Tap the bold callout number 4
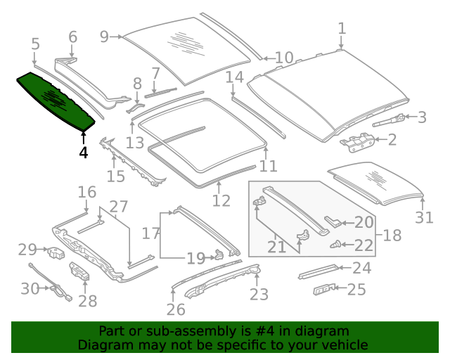click(x=84, y=152)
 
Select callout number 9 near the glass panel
click(x=105, y=37)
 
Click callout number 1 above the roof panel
click(x=342, y=29)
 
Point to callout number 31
click(x=424, y=217)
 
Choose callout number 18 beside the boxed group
click(x=392, y=235)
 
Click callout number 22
click(x=364, y=245)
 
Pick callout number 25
click(x=357, y=289)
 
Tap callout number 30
click(x=30, y=288)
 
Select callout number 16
click(x=86, y=192)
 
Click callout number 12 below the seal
click(x=221, y=201)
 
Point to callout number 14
click(x=234, y=77)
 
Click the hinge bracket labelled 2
click(x=356, y=141)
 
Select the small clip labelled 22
click(x=337, y=245)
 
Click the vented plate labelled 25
click(x=324, y=289)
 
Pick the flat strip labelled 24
click(x=319, y=271)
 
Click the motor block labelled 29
click(x=55, y=251)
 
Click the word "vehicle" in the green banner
click(x=345, y=345)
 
